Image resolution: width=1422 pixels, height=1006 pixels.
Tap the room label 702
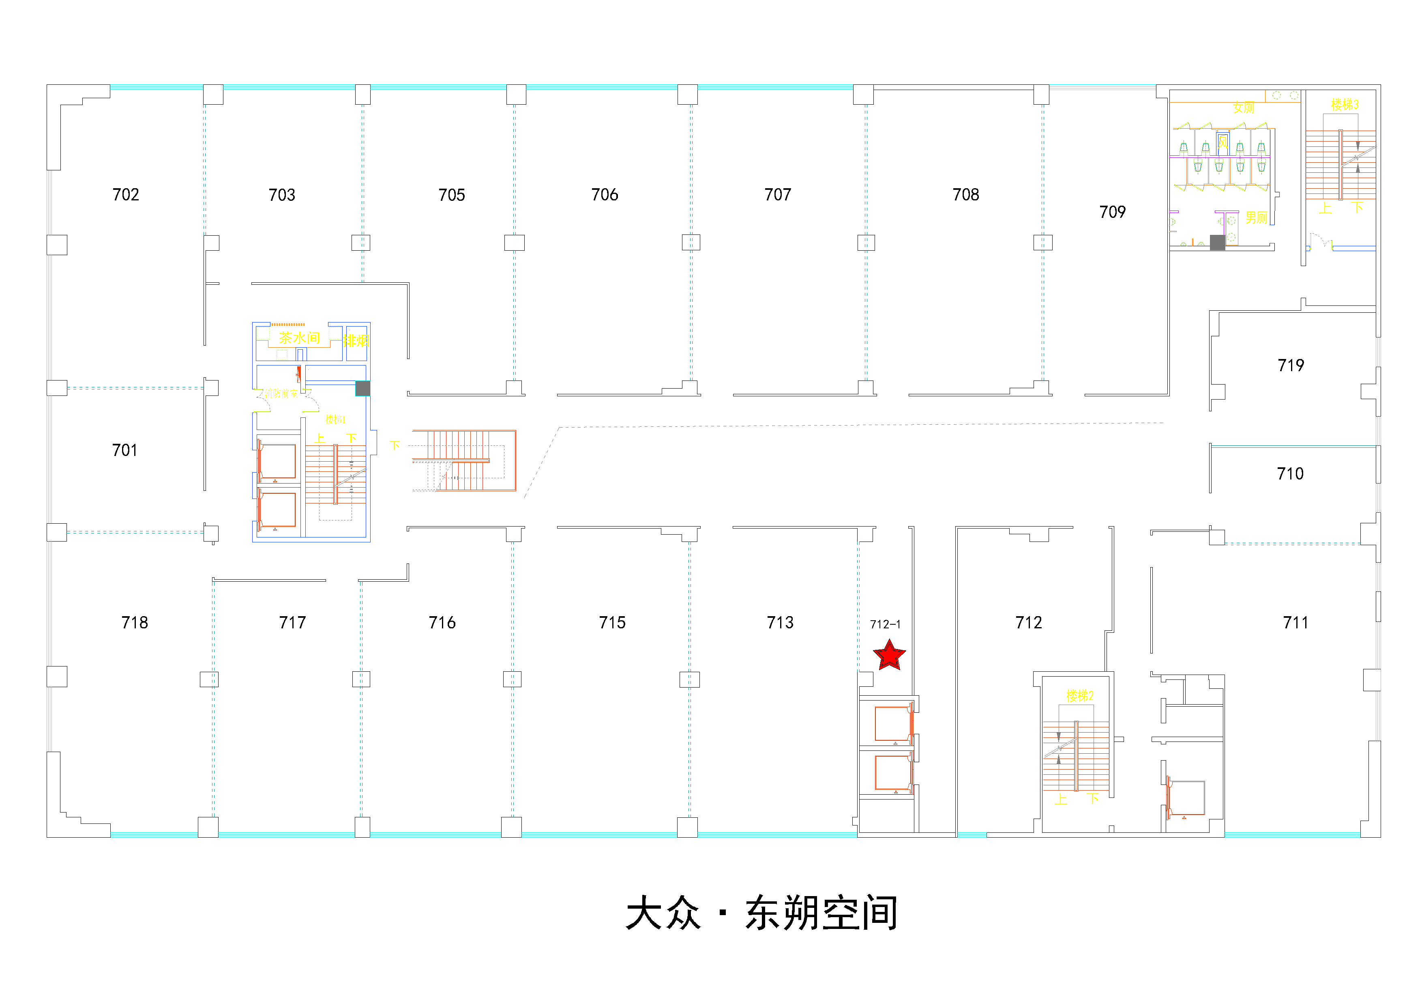click(126, 195)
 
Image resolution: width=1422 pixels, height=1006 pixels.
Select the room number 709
click(1112, 212)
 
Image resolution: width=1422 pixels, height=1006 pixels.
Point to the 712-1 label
click(885, 624)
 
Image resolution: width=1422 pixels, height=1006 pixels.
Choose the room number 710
click(1290, 474)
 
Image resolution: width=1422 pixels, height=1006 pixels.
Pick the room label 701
click(124, 450)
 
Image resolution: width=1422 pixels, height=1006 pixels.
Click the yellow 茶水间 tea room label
click(299, 337)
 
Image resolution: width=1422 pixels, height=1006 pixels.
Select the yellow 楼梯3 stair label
click(1345, 104)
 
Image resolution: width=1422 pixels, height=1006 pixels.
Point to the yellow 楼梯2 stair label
click(1079, 696)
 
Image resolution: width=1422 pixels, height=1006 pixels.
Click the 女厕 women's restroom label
click(1243, 108)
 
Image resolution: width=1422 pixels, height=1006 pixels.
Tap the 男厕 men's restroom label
click(1256, 217)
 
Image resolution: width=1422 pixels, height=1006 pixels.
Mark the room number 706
click(605, 195)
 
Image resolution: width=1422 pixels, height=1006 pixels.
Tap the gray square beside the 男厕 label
click(1217, 242)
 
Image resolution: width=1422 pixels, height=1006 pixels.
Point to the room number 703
click(282, 195)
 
